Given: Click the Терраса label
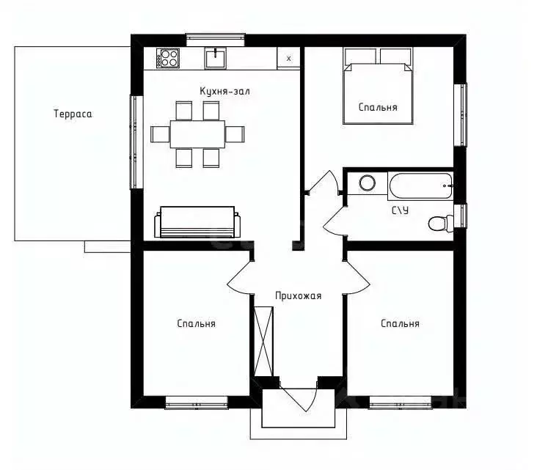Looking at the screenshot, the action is [73, 114].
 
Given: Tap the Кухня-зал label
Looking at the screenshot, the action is [224, 91].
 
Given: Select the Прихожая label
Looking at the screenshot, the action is [299, 295].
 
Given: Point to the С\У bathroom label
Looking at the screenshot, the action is [400, 210].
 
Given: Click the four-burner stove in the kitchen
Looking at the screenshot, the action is [168, 58].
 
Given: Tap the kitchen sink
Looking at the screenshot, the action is [216, 58].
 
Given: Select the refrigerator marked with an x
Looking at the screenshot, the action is [288, 59].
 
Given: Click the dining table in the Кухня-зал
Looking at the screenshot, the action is [197, 134].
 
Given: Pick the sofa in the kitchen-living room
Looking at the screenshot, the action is [197, 222].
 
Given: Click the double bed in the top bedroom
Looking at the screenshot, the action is [378, 86].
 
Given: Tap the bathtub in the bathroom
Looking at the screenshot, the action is [421, 186].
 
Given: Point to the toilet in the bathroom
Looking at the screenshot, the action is [441, 223].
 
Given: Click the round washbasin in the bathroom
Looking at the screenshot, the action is [367, 183].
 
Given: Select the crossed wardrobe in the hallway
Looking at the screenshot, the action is [263, 341].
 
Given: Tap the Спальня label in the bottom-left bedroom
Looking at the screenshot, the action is [196, 323].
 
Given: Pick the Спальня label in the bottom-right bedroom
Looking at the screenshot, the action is [400, 323].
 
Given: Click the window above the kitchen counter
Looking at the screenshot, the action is [216, 40].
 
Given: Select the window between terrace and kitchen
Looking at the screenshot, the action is [136, 142].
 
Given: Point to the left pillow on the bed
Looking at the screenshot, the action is [360, 56].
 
